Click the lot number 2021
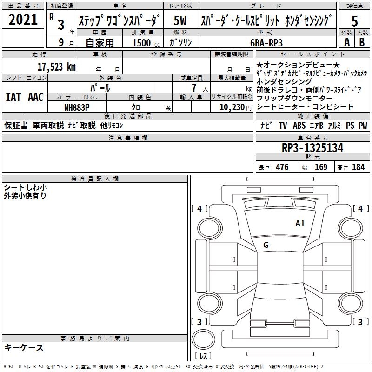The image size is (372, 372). click(x=23, y=20)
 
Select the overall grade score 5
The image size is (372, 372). click(x=354, y=21)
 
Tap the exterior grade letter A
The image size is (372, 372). click(x=347, y=42)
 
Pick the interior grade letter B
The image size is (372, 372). click(x=362, y=42)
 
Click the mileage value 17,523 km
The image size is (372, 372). click(x=57, y=67)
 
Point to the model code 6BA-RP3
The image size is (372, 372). click(x=266, y=43)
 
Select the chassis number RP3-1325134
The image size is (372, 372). click(x=312, y=148)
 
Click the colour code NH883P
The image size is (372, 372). click(x=77, y=107)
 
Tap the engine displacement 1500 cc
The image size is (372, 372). click(x=146, y=43)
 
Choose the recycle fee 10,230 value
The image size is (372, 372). click(x=232, y=107)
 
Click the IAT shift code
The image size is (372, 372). click(x=13, y=97)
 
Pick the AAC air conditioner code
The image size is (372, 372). click(x=36, y=97)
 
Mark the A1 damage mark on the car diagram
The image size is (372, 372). click(x=300, y=223)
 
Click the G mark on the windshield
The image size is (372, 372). click(x=266, y=245)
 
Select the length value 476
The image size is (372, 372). click(x=282, y=167)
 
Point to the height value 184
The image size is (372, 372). click(x=358, y=167)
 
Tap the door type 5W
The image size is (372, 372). click(x=180, y=20)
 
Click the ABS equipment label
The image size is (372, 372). click(x=299, y=126)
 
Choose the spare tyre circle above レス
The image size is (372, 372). click(x=203, y=339)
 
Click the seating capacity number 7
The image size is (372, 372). click(x=194, y=88)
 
